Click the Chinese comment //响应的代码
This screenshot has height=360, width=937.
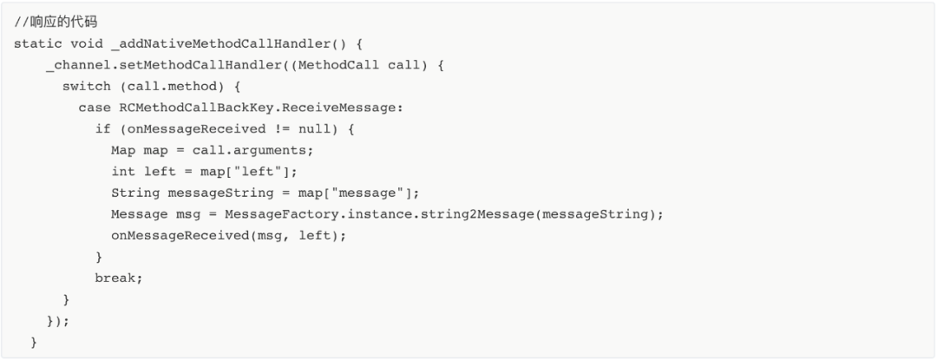56,22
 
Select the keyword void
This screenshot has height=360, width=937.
86,43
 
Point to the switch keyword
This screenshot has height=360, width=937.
86,87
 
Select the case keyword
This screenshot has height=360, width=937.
95,108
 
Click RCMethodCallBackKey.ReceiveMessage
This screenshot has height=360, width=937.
261,108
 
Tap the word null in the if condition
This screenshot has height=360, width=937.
313,129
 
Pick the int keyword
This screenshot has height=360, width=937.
123,172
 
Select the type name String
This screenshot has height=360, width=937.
135,193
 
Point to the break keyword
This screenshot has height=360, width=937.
119,278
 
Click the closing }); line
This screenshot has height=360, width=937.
58,321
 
